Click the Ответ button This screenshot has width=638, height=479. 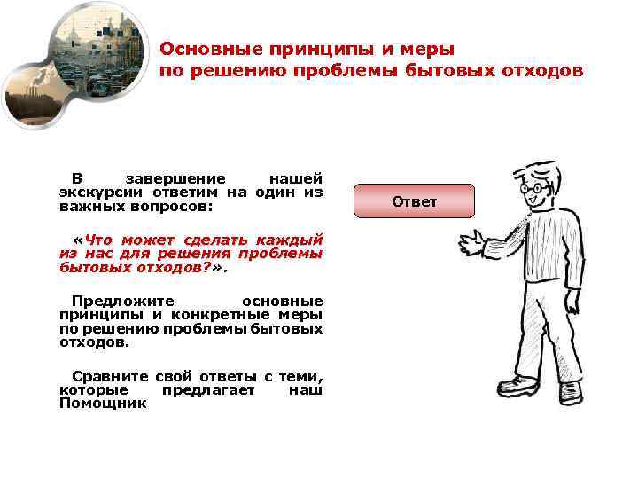click(415, 201)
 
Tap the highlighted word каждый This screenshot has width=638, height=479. click(288, 239)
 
